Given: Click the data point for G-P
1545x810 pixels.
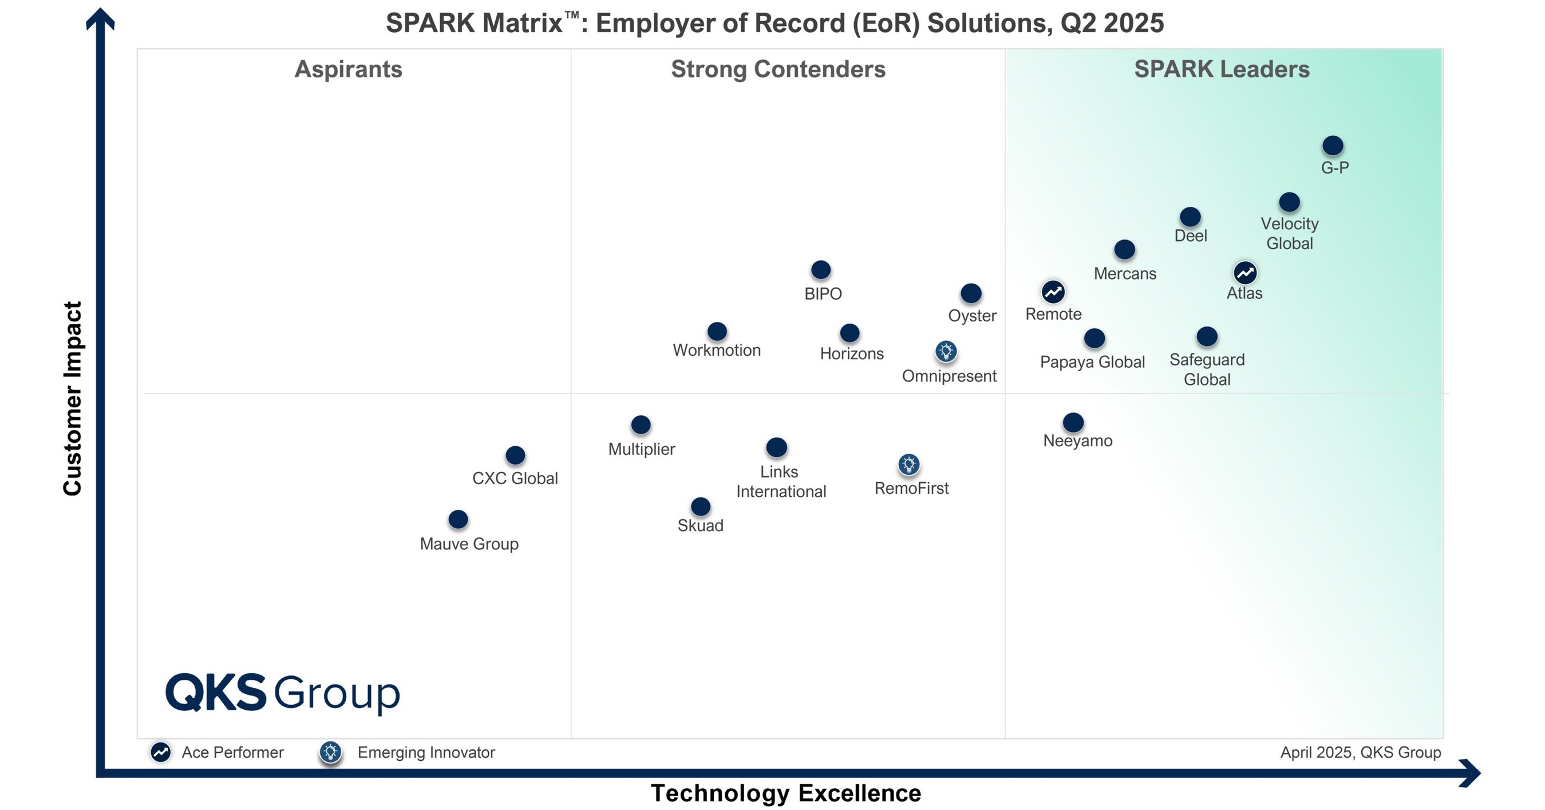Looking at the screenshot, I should pos(1332,146).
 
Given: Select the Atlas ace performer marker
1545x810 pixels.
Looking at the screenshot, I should pos(1244,273).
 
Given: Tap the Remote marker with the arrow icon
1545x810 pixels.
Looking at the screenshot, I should pos(1053,292).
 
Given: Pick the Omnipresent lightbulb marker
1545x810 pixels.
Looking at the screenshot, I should pos(946,351).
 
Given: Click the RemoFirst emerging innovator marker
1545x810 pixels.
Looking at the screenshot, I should pos(908,465).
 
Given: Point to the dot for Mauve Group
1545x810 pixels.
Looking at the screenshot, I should pos(457,519).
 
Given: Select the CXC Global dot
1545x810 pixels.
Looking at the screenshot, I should pos(515,455).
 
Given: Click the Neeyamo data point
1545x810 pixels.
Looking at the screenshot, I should pos(1073,422).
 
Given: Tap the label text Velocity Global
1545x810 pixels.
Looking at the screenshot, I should pos(1290,233).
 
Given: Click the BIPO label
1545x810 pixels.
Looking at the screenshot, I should pos(823,294).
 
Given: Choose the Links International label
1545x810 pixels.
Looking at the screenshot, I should pos(780,482).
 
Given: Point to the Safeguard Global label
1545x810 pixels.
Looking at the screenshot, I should pos(1207,369).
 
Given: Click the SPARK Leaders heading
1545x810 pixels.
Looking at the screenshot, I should pos(1221,69).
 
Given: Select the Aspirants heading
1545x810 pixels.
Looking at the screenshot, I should pos(349,69).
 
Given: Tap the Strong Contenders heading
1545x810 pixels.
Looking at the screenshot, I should pos(778,69).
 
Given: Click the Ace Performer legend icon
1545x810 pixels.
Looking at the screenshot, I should pos(160,752).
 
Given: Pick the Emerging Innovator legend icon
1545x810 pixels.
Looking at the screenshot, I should pos(330,752).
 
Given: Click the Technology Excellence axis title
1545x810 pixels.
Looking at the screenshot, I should pos(786,793).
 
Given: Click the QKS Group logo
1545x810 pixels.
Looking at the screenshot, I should pos(282,693).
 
